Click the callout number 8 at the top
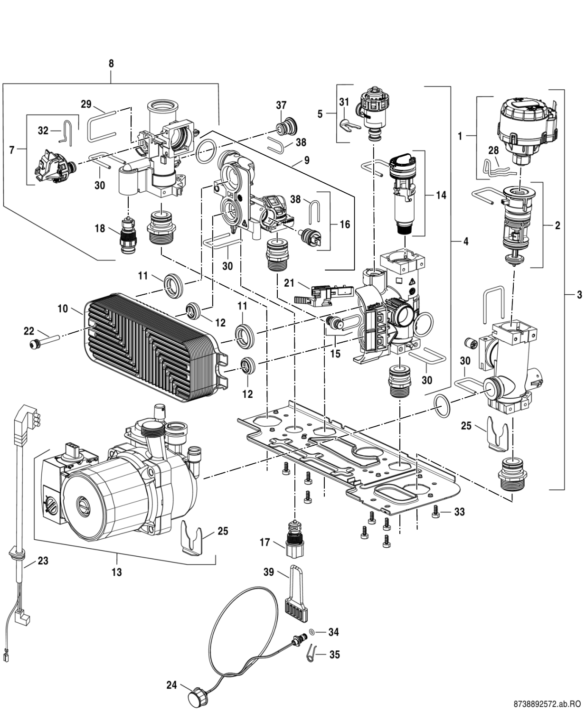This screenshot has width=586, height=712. pos(111,64)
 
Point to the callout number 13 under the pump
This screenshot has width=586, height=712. pos(117,572)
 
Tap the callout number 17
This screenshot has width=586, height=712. pos(265,543)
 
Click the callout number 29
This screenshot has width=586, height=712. pos(86,104)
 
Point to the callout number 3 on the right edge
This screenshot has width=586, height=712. pos(579,295)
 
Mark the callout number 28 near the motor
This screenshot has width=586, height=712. pos(494,150)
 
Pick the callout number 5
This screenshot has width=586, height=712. pos(320,114)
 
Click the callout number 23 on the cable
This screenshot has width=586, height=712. pos(43,561)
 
